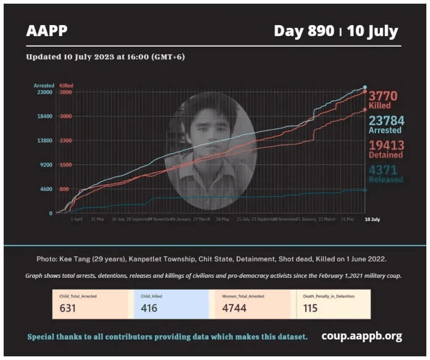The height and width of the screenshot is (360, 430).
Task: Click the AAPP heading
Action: pyautogui.click(x=47, y=31)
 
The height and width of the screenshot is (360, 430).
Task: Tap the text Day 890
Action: pyautogui.click(x=304, y=31)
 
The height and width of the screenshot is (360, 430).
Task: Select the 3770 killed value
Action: pyautogui.click(x=383, y=96)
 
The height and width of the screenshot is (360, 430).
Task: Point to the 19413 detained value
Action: pyautogui.click(x=386, y=145)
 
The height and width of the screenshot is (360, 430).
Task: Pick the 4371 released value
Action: pyautogui.click(x=383, y=170)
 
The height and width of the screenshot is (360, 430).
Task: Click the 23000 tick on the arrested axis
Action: pyautogui.click(x=44, y=92)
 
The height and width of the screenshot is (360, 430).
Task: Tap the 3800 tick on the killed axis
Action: pyautogui.click(x=66, y=92)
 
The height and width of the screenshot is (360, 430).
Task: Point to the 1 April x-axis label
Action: pyautogui.click(x=77, y=219)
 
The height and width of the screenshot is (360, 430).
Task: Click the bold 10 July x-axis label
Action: pyautogui.click(x=372, y=219)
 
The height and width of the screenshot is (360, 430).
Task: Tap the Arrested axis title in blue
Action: pyautogui.click(x=44, y=85)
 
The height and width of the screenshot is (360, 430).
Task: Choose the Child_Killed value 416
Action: pyautogui.click(x=149, y=308)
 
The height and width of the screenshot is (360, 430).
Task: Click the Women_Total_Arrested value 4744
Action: pyautogui.click(x=233, y=308)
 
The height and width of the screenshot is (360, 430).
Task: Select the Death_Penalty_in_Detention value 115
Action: pyautogui.click(x=310, y=308)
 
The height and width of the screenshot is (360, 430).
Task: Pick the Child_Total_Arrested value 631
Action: pyautogui.click(x=68, y=308)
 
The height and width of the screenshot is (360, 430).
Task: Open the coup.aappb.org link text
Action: pyautogui.click(x=361, y=336)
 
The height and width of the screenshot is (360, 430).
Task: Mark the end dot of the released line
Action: pyautogui.click(x=365, y=190)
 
